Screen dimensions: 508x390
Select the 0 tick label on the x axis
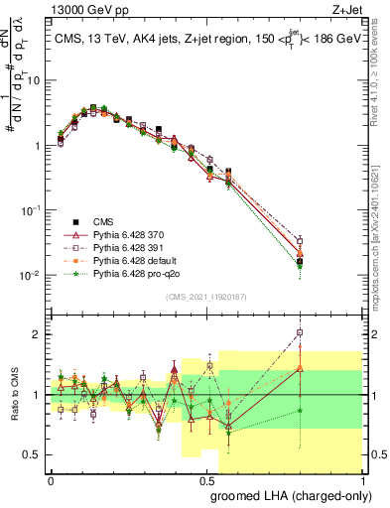[51, 479]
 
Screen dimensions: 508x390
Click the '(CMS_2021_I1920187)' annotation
[205, 295]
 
